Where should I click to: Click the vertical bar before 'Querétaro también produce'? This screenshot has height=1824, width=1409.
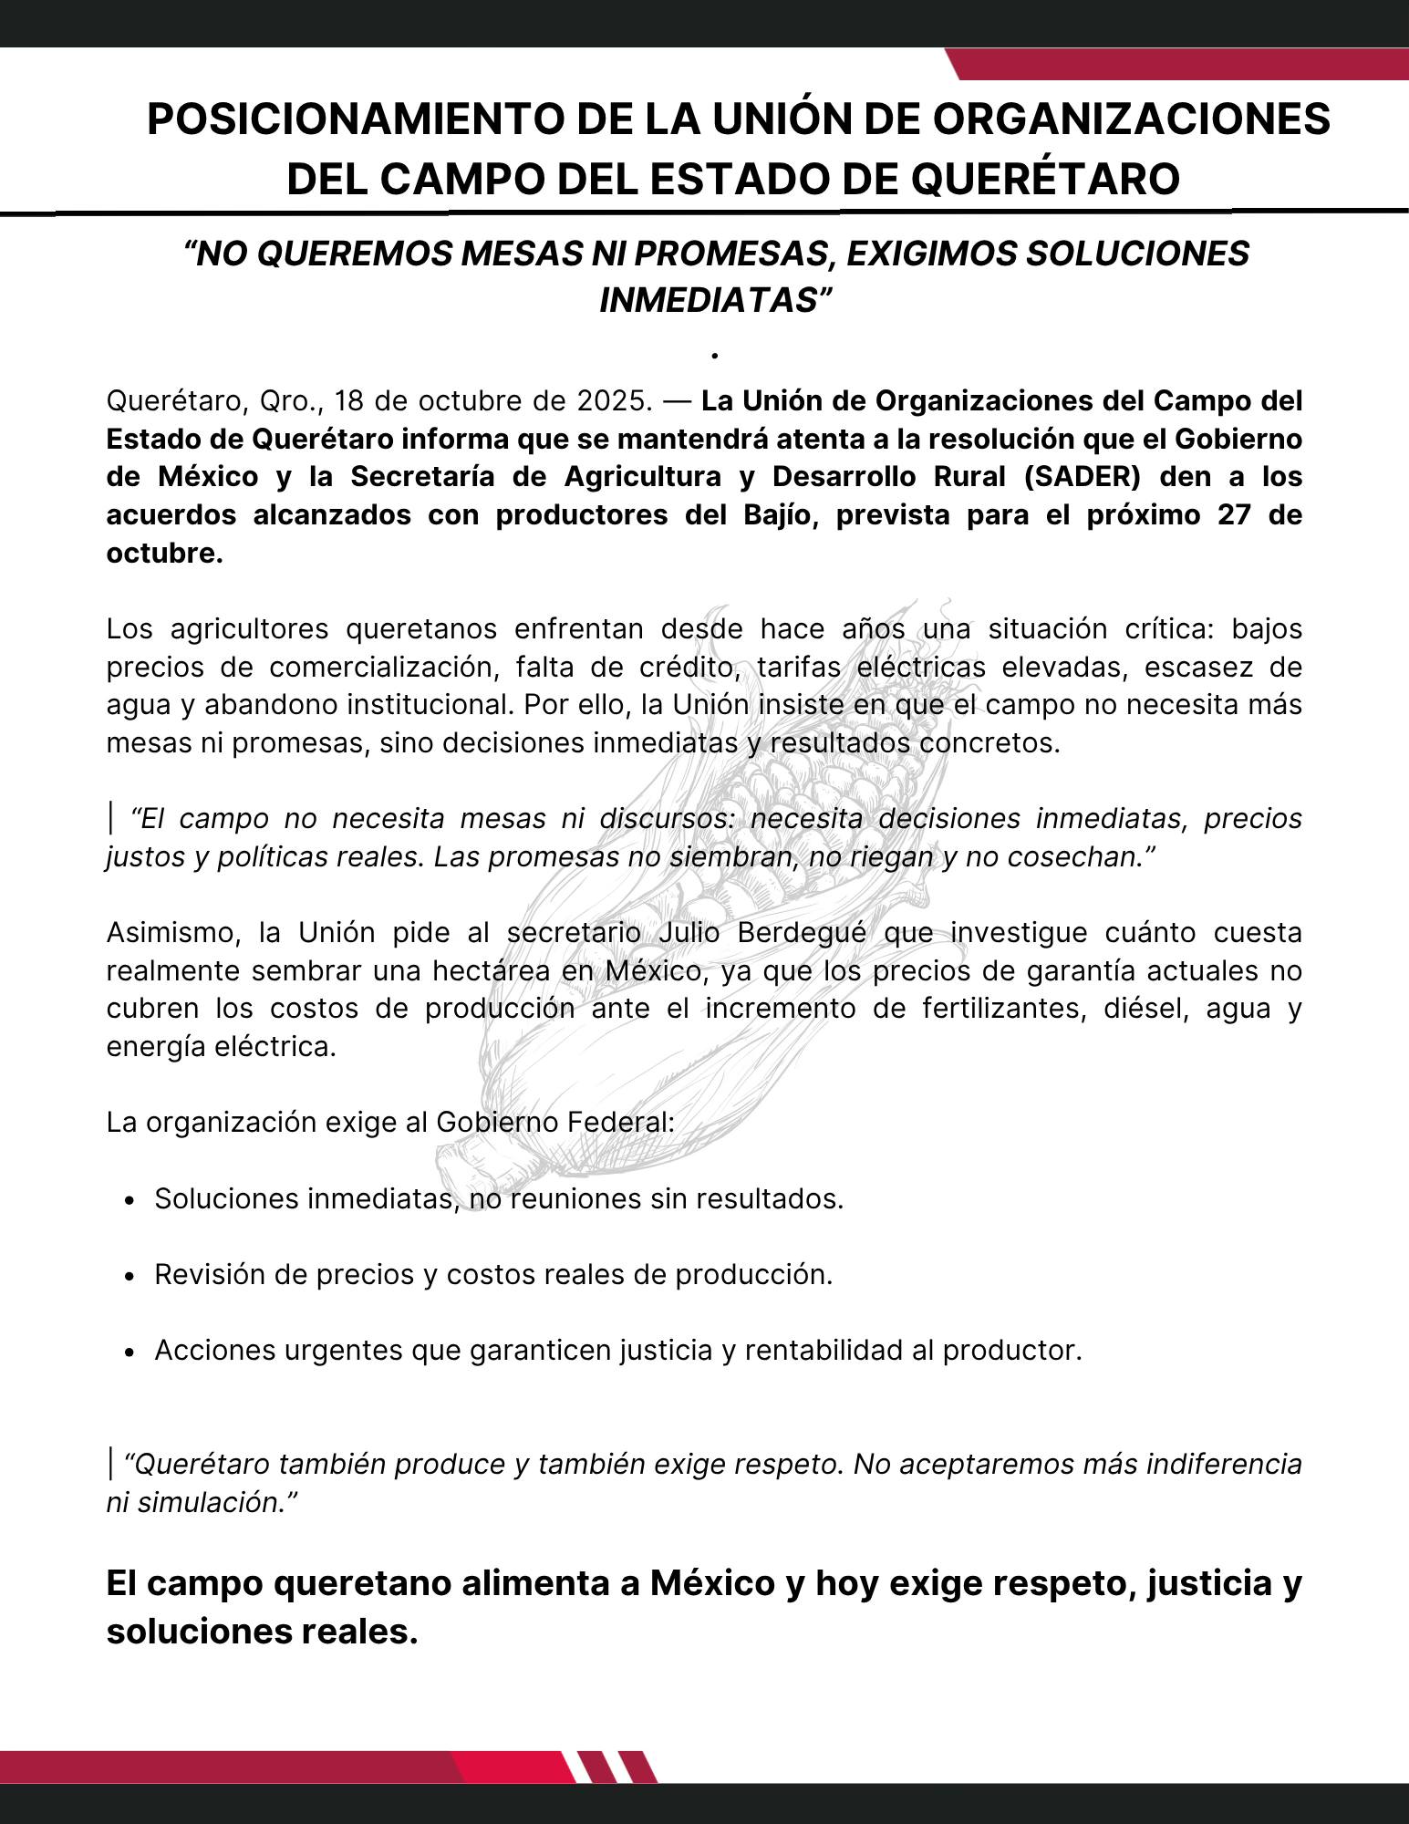110,1463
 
